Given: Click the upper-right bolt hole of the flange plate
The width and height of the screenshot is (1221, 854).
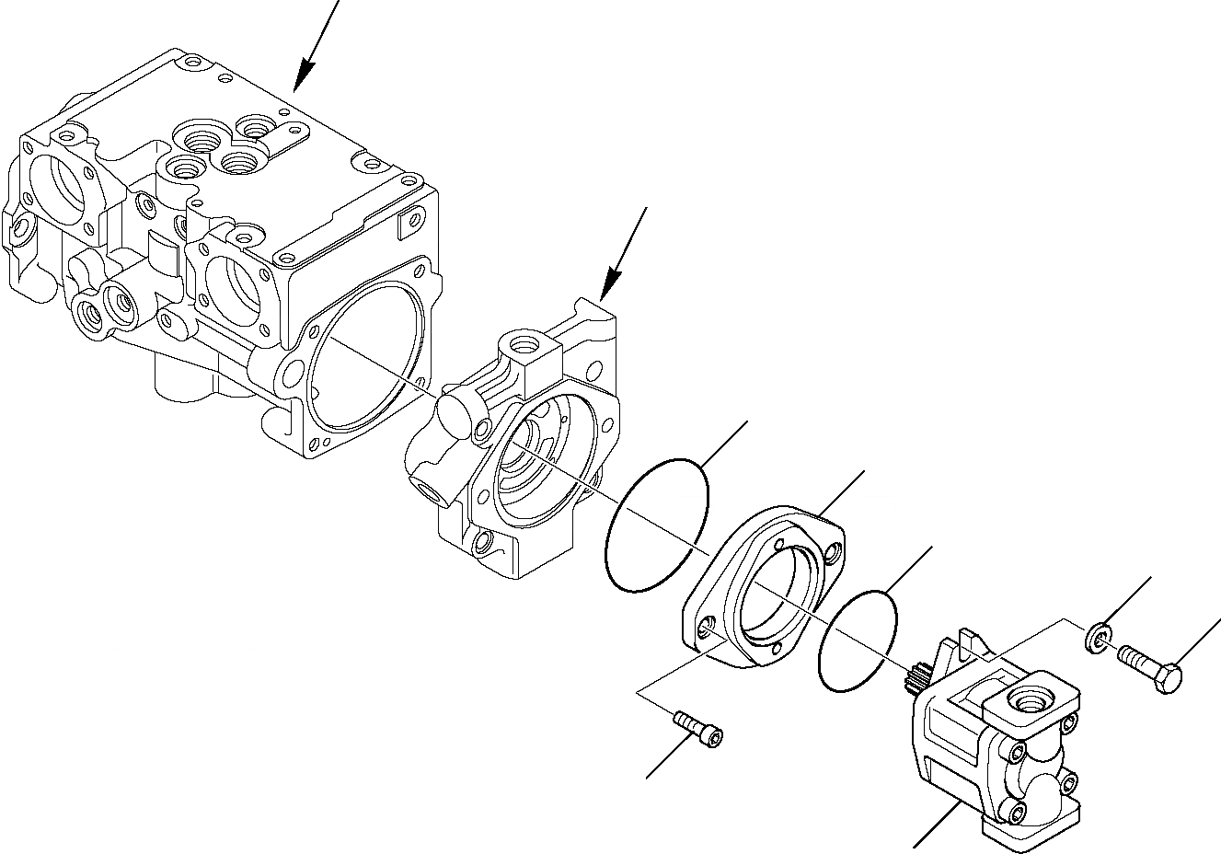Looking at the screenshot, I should coord(834,554).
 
